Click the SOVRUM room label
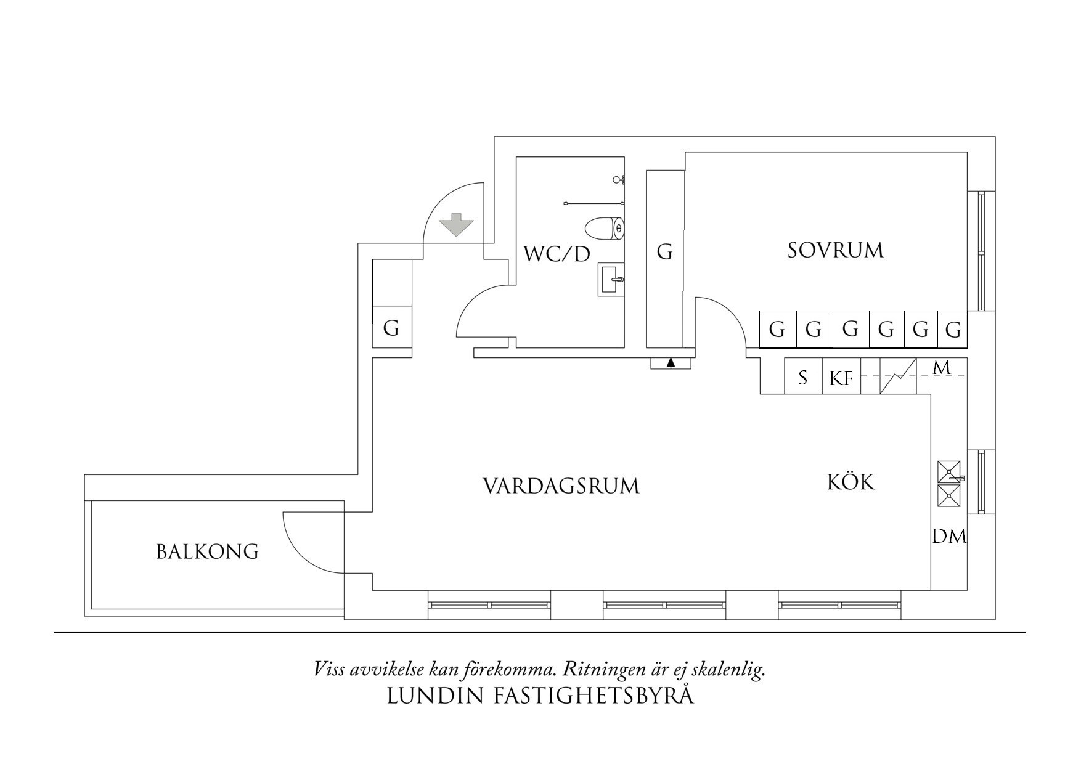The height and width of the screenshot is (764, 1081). click(835, 250)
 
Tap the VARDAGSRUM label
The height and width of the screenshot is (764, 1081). click(561, 486)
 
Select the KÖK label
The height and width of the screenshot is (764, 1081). click(851, 482)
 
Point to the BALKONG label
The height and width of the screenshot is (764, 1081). click(207, 551)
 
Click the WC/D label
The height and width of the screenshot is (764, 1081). click(557, 254)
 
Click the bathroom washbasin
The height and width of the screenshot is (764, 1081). click(611, 280)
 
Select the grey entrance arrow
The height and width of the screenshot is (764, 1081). click(456, 225)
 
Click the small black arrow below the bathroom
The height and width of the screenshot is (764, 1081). click(671, 363)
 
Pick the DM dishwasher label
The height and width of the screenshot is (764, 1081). click(949, 537)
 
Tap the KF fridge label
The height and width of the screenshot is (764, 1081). click(841, 378)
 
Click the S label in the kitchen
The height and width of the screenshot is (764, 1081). click(802, 377)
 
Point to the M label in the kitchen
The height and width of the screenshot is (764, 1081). click(942, 368)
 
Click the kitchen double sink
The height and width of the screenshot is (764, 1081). click(948, 484)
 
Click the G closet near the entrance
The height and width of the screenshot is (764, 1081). click(391, 328)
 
